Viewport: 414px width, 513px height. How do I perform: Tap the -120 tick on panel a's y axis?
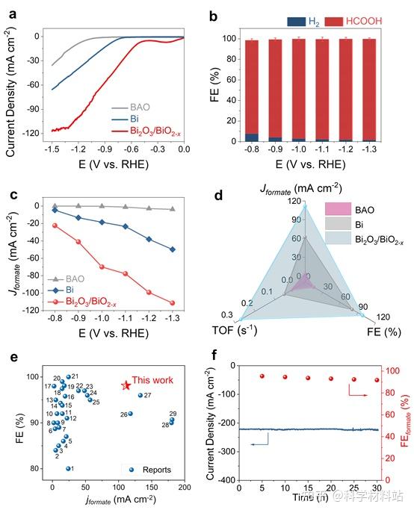(31, 131)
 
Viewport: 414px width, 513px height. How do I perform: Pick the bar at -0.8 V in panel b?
(252, 90)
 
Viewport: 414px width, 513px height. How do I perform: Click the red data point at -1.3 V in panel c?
(173, 303)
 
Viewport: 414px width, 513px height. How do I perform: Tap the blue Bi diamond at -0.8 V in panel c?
(55, 211)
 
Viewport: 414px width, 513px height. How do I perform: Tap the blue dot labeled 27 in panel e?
(140, 395)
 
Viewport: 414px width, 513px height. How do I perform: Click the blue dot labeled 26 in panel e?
(130, 414)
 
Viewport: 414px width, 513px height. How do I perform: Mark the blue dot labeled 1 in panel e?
(69, 468)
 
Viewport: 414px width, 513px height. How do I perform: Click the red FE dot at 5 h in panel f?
(262, 376)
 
